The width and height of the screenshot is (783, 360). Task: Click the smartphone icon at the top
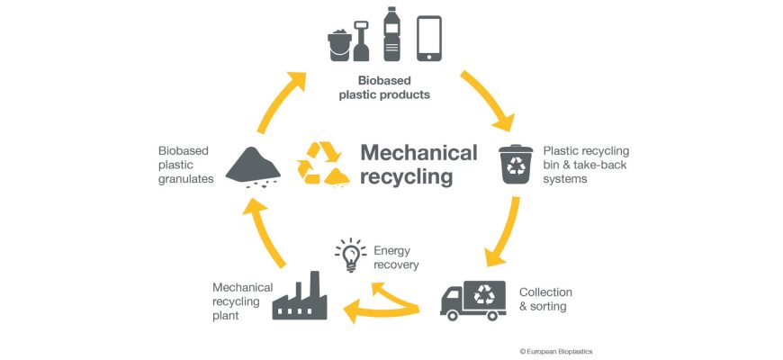(428, 39)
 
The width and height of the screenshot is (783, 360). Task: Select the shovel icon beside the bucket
(361, 40)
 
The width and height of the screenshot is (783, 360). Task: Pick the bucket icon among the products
(339, 43)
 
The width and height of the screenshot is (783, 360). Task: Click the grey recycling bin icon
(517, 165)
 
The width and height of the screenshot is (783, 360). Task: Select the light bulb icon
(350, 255)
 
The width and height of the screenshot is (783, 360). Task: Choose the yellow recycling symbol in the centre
(322, 163)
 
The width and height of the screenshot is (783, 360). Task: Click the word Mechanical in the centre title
(418, 152)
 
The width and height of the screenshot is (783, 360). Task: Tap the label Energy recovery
(396, 257)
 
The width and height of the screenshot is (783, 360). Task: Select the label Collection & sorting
(545, 300)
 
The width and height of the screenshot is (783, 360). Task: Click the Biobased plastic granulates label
(185, 165)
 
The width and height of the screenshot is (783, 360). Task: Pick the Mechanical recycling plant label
(241, 301)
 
